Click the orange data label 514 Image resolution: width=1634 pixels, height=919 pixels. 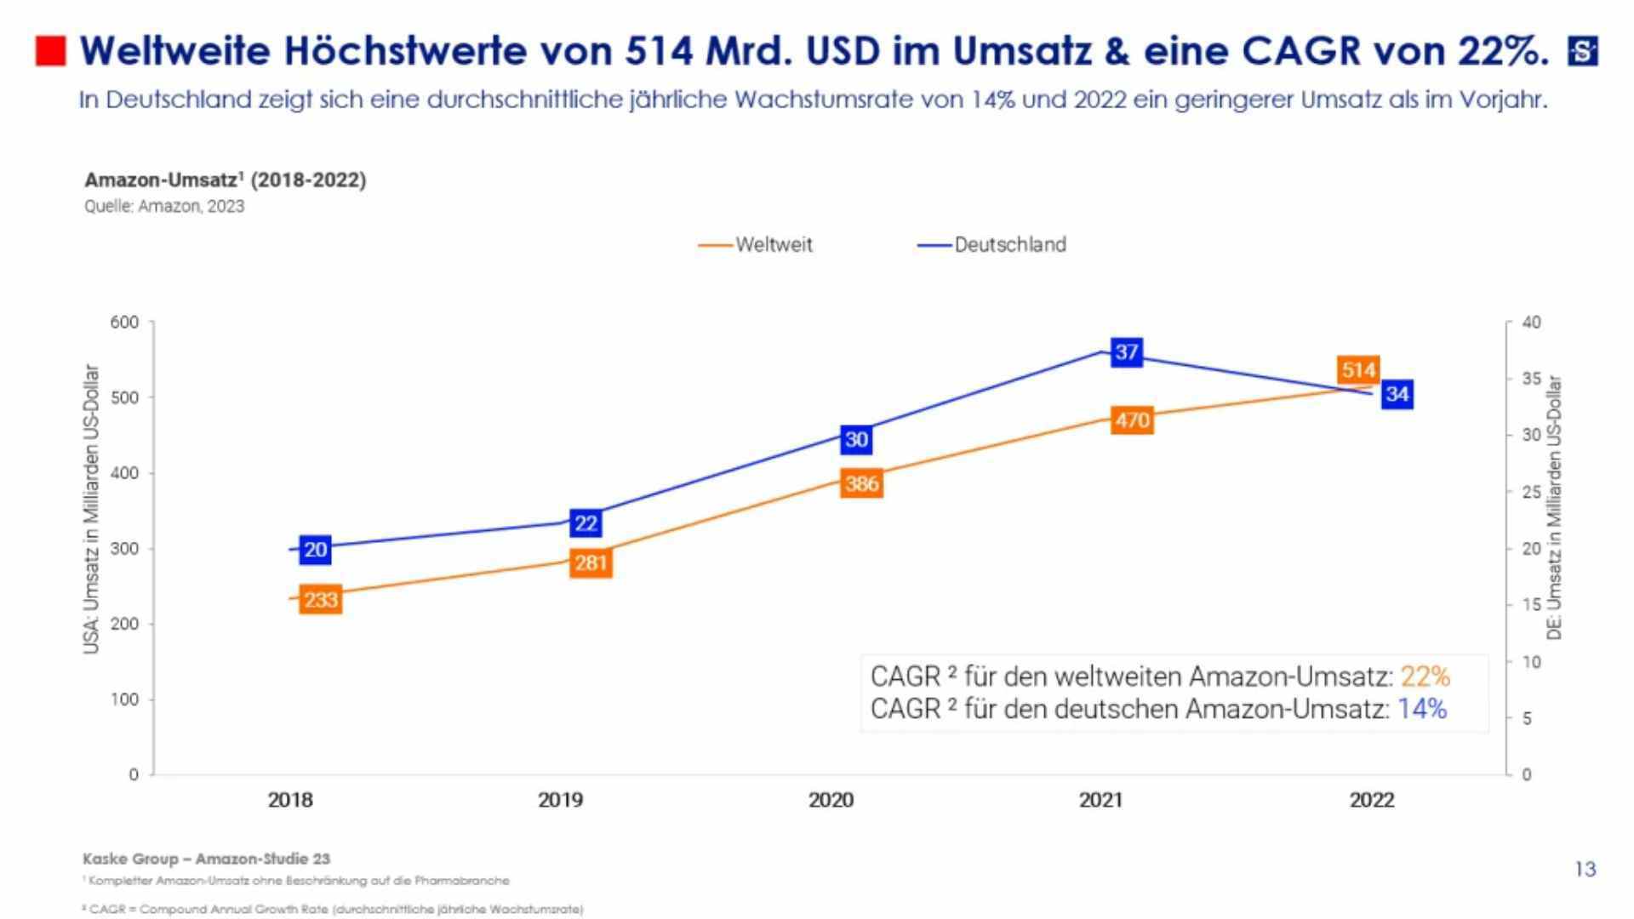pos(1357,370)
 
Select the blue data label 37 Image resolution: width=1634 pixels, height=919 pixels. pos(1126,352)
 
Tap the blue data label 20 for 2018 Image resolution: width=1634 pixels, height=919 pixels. pos(315,550)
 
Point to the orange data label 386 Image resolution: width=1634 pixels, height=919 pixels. pos(861,483)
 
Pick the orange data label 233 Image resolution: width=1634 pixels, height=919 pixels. pos(321,600)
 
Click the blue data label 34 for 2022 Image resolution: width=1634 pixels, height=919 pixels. pos(1397,394)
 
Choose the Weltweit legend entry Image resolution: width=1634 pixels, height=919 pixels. pos(772,245)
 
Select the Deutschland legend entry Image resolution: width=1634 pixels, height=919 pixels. pos(1009,245)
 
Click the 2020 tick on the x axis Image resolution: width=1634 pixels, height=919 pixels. pos(831,800)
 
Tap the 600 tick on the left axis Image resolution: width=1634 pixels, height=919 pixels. pos(124,323)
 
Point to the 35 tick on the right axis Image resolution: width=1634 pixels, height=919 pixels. pos(1531,379)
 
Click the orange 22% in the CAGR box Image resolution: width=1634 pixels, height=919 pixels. pos(1425,676)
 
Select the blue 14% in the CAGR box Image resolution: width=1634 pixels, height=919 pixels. pos(1421,709)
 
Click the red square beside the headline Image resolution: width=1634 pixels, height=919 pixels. pos(51,51)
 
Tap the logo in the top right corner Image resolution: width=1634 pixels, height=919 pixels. pos(1583,52)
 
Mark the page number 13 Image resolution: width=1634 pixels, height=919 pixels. pos(1585,869)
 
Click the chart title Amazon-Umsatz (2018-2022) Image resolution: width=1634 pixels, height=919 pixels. pos(226,180)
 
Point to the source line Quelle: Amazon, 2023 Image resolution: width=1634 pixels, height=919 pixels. pos(164,206)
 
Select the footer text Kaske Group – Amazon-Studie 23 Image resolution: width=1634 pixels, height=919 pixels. pos(206,859)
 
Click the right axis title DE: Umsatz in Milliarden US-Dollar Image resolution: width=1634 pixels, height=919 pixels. pos(1555,508)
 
